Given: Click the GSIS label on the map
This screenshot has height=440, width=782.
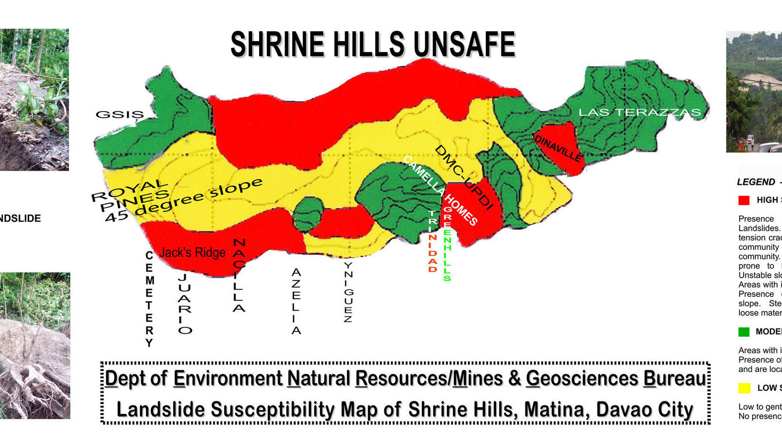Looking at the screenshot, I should coord(119,114).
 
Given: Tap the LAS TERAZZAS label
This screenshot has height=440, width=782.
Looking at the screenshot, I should coord(639,112).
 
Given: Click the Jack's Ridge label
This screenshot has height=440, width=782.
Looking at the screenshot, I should coord(193,252).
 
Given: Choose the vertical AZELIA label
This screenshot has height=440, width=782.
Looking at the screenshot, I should coord(296,301).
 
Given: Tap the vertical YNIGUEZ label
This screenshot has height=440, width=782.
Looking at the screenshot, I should coord(348,292).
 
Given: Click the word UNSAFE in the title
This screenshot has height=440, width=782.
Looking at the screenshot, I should coord(464,44).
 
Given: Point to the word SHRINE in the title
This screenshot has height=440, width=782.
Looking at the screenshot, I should coord(276,44).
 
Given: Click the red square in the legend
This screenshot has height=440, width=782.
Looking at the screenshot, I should coord(744,200).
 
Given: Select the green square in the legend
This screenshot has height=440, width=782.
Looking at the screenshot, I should coord(744,332).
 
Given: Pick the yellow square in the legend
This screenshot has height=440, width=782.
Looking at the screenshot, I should coord(744,388).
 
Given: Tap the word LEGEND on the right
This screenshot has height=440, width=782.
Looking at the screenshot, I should coord(756,182).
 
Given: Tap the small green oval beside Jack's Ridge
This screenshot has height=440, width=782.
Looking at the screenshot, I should coord(308,213).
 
